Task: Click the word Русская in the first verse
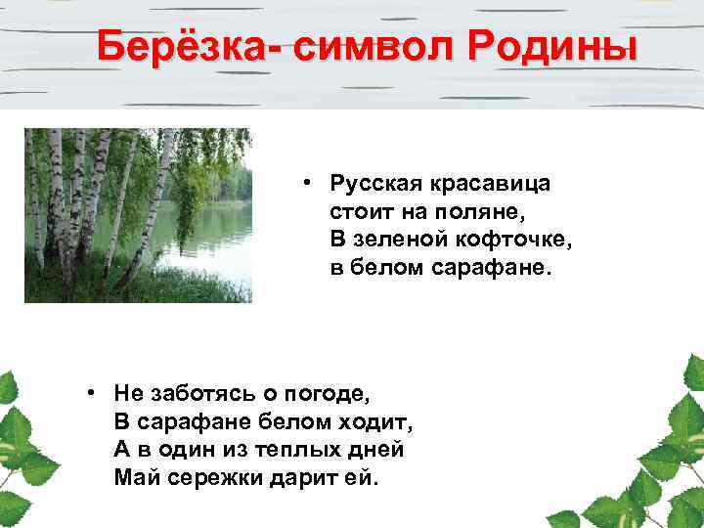pos(371,183)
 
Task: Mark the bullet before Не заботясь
pos(90,393)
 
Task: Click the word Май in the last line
pos(134,478)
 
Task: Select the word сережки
pos(204,478)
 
